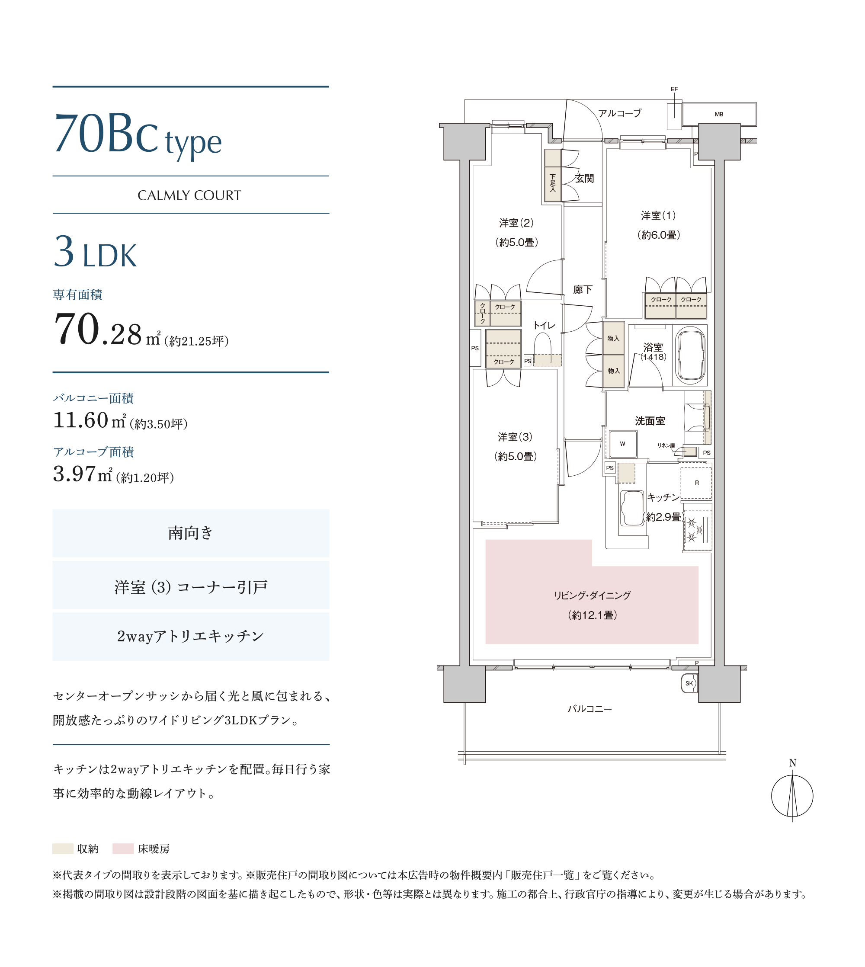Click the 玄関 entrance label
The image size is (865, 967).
click(x=585, y=178)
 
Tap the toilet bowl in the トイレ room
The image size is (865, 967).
click(x=542, y=348)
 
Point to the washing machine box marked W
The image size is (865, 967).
click(x=623, y=444)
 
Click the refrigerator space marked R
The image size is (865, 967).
click(x=696, y=483)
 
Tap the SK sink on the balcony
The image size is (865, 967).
click(x=689, y=683)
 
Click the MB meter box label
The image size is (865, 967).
click(x=719, y=115)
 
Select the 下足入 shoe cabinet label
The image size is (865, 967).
click(x=553, y=183)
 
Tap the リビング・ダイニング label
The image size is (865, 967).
click(x=592, y=596)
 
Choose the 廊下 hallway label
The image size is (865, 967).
click(x=583, y=289)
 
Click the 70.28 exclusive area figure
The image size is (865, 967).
click(x=98, y=330)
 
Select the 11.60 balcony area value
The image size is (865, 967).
click(x=81, y=420)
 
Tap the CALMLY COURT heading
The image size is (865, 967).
click(x=189, y=195)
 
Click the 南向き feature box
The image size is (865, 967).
click(x=191, y=533)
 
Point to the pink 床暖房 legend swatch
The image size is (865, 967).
click(x=123, y=849)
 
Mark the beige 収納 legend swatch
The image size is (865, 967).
click(x=63, y=849)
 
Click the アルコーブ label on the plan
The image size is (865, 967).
click(x=620, y=113)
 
